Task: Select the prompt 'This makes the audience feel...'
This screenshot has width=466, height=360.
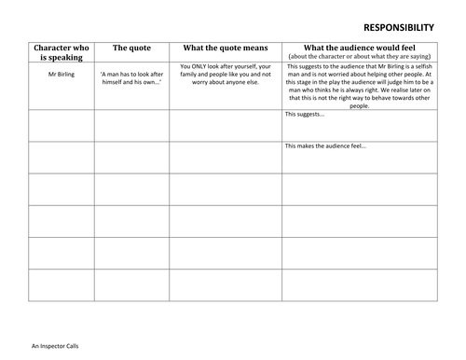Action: click(x=326, y=145)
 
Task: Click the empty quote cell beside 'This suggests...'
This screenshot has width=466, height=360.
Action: click(x=130, y=125)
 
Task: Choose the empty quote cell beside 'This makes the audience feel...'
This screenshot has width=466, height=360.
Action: click(x=130, y=157)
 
